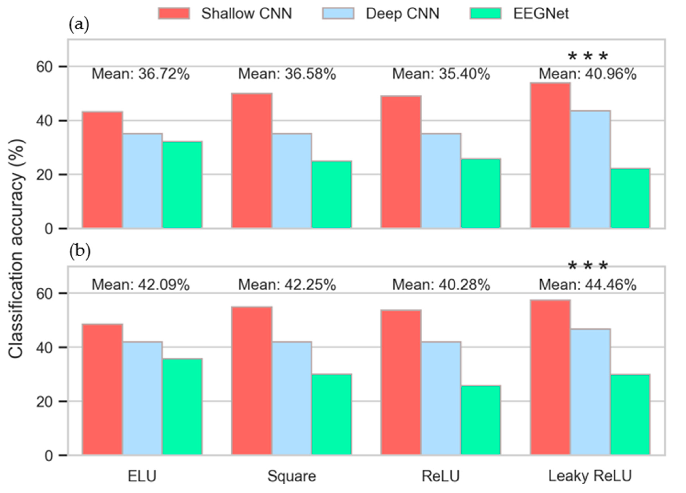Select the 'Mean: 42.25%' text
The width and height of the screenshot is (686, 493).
point(287,285)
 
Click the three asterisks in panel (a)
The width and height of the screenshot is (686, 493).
point(588,57)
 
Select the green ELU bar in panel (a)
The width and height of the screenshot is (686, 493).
point(182,185)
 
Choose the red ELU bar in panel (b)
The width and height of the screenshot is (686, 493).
point(102,389)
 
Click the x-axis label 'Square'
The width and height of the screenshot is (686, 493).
point(292,476)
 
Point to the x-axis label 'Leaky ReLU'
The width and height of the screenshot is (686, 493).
point(590,476)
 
